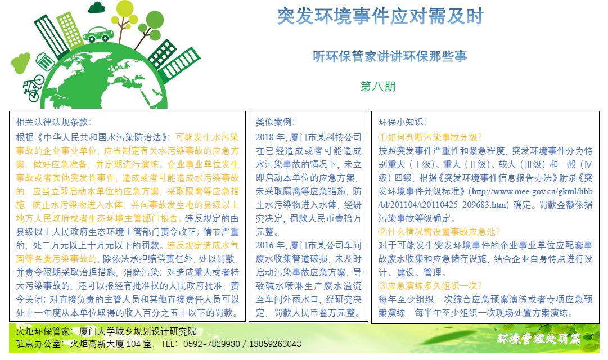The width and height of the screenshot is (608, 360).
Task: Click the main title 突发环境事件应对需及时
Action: pos(380,16)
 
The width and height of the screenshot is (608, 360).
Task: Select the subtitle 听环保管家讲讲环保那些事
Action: pos(390,57)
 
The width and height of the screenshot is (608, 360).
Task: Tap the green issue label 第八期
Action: pos(377,86)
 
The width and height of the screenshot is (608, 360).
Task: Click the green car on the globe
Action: pos(98,34)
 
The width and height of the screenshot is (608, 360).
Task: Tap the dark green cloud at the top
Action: pos(97,8)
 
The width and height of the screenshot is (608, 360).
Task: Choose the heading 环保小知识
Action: pos(402,122)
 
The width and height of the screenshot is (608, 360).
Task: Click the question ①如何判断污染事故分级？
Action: pos(430,137)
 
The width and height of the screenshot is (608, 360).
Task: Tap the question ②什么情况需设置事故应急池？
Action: pos(439,232)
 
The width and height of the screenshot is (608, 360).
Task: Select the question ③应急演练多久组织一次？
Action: pos(430,286)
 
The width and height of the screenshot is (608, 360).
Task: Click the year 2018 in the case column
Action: pos(265,137)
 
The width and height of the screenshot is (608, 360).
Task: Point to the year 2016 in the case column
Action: pos(265,246)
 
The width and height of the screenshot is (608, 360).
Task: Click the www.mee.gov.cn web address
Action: pos(485,198)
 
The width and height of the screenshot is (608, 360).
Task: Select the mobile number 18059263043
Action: pos(275,344)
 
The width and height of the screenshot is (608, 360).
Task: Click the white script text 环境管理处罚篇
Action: pos(539,339)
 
